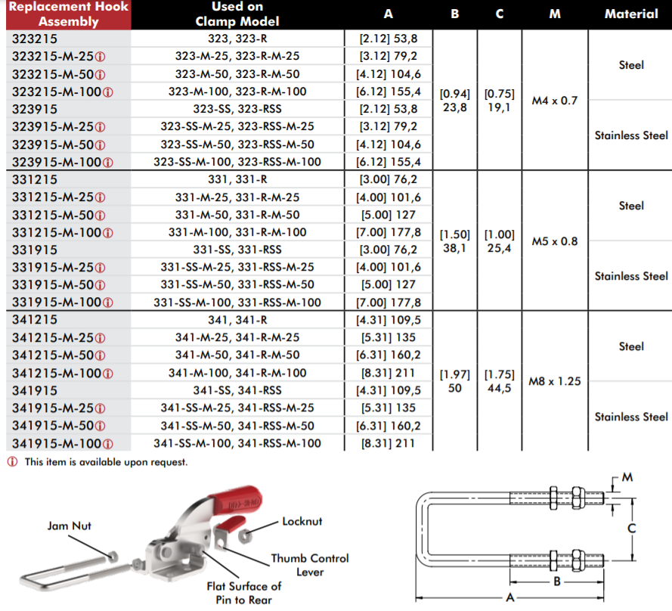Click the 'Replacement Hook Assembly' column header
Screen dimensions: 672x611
point(69,14)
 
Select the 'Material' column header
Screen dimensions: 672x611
point(631,14)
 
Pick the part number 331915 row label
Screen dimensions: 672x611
point(34,250)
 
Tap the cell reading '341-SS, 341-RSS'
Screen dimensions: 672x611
point(237,390)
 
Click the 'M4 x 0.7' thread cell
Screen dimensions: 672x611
point(555,101)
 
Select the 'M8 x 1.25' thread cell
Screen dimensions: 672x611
point(555,381)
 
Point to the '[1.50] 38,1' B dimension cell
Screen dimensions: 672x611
point(455,241)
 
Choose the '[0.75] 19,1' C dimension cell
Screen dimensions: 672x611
point(500,101)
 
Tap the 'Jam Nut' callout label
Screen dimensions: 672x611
point(69,526)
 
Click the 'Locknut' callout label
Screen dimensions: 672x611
point(302,521)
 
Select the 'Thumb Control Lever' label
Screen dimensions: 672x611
point(310,565)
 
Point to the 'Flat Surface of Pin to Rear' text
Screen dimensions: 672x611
point(244,593)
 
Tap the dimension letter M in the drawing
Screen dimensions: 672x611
point(627,477)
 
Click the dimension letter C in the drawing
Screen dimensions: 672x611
point(632,529)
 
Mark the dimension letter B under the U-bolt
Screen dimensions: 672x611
point(557,582)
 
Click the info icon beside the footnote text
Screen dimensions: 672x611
point(12,462)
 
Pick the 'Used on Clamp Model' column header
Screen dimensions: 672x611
point(237,14)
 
